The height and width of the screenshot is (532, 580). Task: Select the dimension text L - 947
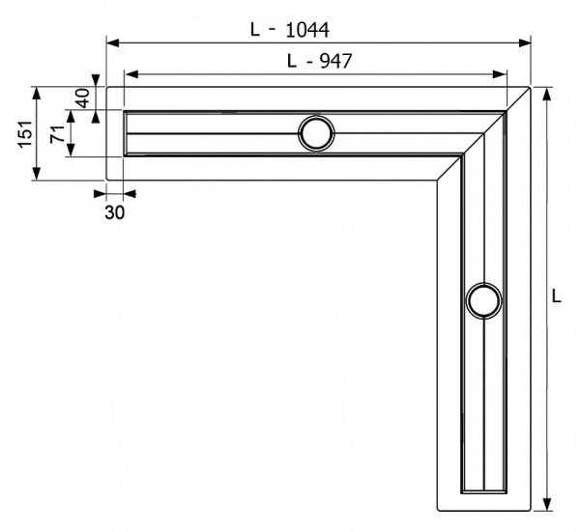coord(318,61)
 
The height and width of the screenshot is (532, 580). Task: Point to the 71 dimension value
coord(57,133)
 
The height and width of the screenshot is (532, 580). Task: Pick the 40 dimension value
coord(82,98)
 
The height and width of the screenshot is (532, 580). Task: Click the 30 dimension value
coord(114,212)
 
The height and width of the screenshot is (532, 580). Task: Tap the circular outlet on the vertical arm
coord(482,301)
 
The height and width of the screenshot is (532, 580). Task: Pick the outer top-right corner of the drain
coord(530,88)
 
